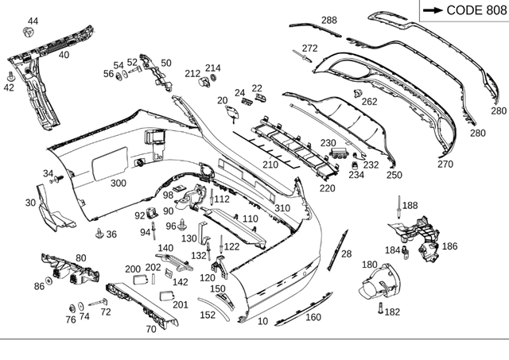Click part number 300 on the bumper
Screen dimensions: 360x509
(x=118, y=184)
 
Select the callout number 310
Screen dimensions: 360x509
(x=282, y=208)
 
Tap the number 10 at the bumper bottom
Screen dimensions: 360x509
(x=262, y=322)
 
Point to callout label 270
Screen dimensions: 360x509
(x=445, y=165)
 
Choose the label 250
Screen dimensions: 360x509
(x=394, y=175)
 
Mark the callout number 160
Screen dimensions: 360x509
(x=313, y=318)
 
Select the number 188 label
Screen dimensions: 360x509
(x=409, y=206)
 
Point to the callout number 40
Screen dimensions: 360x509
(x=64, y=55)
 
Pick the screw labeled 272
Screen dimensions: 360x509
(x=303, y=56)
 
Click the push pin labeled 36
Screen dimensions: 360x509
(x=99, y=233)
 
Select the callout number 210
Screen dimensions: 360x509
(x=270, y=165)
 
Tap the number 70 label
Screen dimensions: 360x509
(x=151, y=329)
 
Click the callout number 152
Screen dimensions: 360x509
(x=208, y=315)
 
